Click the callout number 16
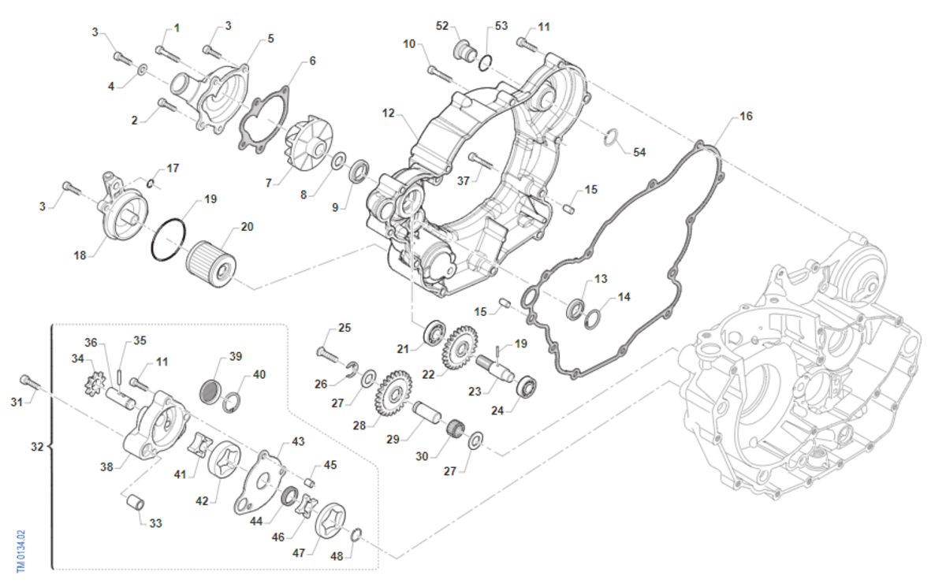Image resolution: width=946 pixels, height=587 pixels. [x=746, y=116]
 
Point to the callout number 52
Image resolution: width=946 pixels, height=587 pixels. [x=442, y=26]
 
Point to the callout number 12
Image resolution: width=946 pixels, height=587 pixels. [x=388, y=114]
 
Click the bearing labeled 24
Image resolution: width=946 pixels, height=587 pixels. [x=526, y=388]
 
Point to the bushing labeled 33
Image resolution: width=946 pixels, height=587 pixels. [x=136, y=501]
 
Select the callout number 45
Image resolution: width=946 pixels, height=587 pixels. [x=330, y=465]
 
